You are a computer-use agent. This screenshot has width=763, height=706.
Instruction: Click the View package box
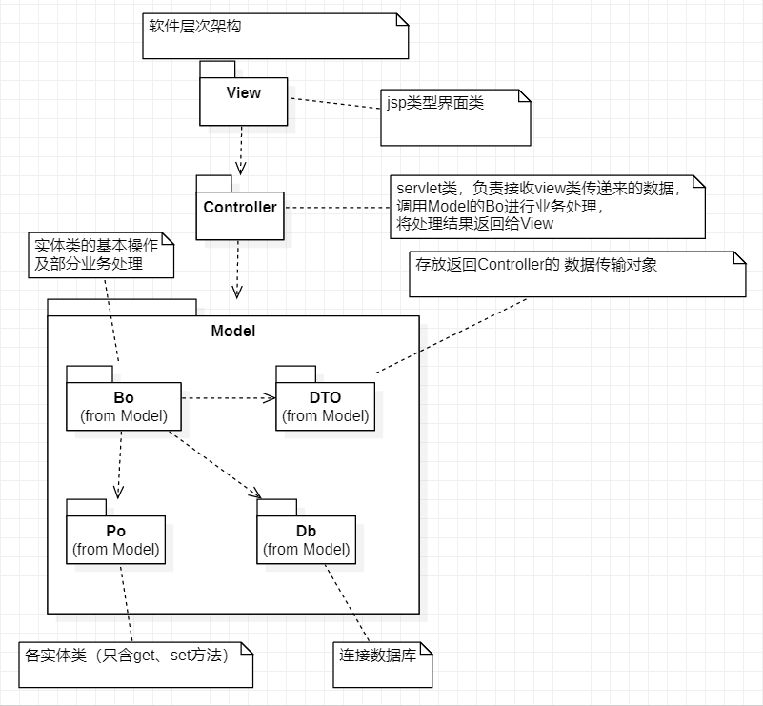[243, 100]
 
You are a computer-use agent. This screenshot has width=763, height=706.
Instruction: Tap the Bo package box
[124, 406]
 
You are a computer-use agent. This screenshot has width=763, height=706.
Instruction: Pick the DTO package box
[325, 406]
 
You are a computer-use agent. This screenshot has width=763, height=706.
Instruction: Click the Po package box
[115, 539]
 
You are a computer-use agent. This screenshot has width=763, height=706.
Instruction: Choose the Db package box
[306, 539]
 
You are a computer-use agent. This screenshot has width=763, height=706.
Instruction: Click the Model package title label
[232, 331]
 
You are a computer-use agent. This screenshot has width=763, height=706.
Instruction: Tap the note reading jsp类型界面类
[454, 117]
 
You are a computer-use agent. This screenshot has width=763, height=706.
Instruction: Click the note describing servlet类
[547, 206]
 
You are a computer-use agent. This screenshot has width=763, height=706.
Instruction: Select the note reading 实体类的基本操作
[101, 254]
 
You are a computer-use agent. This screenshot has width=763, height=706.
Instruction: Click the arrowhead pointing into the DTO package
[270, 397]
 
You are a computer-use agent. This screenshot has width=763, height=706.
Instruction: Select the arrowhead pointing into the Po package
[118, 492]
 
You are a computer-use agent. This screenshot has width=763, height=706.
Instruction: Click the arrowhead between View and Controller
[241, 167]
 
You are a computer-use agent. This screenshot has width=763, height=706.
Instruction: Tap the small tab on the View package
[217, 68]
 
